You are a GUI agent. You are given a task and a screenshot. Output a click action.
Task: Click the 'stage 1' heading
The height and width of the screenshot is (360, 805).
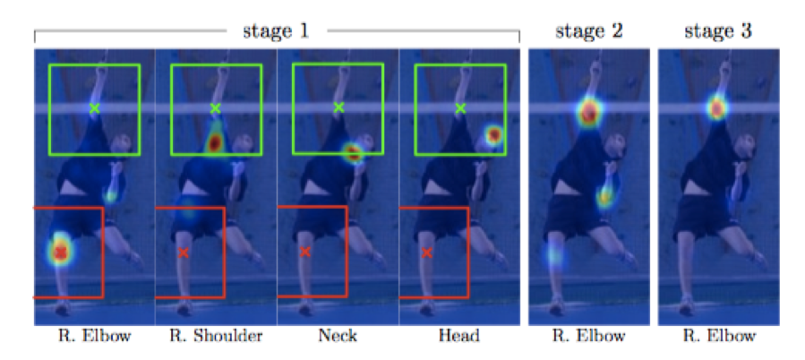point(276,30)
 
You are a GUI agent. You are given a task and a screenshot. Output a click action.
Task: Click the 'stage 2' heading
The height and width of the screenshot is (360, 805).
point(588,30)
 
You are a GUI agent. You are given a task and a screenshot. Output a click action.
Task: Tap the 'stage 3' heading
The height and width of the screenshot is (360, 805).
point(717,30)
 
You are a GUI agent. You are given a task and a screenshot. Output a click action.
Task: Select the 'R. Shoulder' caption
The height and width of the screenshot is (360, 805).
point(215,337)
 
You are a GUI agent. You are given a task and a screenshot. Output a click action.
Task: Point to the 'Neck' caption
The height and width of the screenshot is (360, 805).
point(338,337)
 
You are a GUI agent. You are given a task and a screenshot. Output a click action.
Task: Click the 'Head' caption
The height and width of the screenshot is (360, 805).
point(459,337)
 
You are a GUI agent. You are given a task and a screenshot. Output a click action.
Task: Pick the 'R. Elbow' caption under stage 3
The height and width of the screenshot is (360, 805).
point(717,337)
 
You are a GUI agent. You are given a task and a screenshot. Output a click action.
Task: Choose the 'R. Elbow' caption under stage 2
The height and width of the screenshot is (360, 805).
point(588,337)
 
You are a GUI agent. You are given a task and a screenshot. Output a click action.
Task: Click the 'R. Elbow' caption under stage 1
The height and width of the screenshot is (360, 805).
point(93,337)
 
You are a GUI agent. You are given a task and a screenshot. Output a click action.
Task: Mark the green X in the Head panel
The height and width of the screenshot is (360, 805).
point(461,108)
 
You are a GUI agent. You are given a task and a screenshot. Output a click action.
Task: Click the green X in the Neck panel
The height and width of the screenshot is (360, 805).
point(338,107)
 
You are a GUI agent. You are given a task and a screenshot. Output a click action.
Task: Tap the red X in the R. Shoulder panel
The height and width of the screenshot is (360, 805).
point(183,253)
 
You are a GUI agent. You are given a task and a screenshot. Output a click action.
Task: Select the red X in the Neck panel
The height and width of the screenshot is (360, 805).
point(304,252)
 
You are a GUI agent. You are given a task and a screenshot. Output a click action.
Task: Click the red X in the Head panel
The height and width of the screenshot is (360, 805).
point(426,253)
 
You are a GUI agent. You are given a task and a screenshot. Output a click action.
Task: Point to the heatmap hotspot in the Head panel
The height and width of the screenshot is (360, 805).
point(492,135)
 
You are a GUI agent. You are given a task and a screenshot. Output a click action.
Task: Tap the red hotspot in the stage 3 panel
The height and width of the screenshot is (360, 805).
point(716,108)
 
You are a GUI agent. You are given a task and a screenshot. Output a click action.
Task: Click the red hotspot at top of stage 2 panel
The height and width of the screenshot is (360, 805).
point(588,113)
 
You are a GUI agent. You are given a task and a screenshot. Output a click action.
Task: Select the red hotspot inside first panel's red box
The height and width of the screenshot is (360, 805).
point(60,252)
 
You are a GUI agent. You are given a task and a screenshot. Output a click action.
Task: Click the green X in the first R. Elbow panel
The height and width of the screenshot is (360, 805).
point(94,108)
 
